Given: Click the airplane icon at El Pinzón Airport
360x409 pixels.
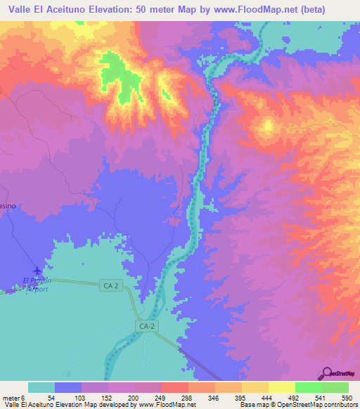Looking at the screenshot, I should point(37,271).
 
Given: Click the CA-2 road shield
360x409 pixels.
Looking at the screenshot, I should point(146,326).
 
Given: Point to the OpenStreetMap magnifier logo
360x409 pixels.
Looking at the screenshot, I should point(326,372).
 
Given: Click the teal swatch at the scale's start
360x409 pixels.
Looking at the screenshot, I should point(41,387).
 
